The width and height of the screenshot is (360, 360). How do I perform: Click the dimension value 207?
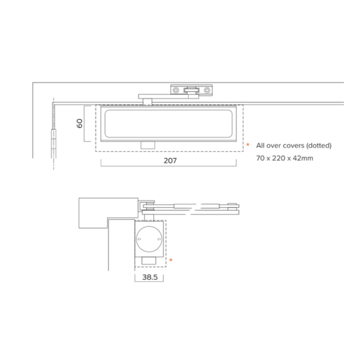[170, 161]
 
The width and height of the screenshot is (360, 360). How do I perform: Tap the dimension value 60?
[79, 123]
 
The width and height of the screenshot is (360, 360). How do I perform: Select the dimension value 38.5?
[150, 277]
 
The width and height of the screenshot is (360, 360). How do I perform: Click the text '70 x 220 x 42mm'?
[284, 158]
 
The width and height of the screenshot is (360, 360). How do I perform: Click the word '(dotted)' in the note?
[319, 145]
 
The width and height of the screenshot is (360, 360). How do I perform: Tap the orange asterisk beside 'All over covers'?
[248, 144]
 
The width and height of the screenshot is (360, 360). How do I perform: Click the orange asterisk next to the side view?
[171, 260]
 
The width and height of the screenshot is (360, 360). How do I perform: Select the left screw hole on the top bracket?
[176, 90]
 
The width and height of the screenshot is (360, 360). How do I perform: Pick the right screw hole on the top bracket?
[207, 90]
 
